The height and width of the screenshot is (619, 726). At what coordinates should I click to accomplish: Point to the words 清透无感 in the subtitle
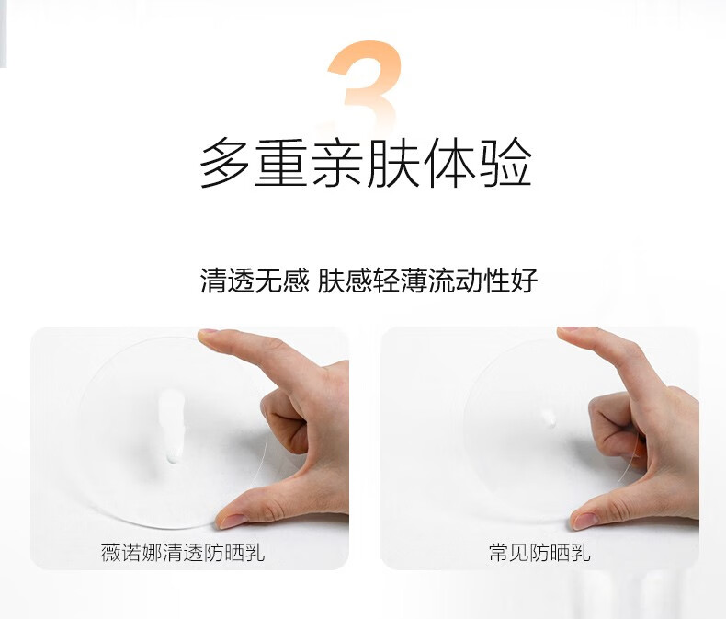[x=255, y=281]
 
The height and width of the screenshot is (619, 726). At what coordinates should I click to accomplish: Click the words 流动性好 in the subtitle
[x=482, y=281]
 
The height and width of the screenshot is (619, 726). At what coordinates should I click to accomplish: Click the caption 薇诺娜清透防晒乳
[x=183, y=553]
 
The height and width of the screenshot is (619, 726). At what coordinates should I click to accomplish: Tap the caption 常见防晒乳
[x=539, y=553]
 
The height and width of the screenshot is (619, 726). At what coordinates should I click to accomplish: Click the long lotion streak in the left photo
[x=171, y=426]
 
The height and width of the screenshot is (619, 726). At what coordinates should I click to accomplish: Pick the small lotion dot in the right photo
[x=550, y=418]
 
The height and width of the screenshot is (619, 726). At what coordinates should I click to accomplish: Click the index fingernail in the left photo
[x=208, y=332]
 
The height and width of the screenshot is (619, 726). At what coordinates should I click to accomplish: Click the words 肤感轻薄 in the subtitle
[x=371, y=281]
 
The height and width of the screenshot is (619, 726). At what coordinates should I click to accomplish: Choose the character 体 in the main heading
[x=449, y=163]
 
